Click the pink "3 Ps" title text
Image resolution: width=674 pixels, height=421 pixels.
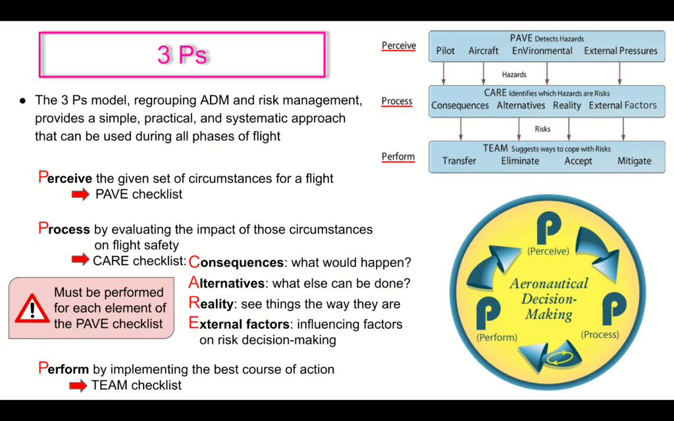pyautogui.click(x=182, y=55)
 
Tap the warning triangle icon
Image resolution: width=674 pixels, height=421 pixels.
pyautogui.click(x=32, y=309)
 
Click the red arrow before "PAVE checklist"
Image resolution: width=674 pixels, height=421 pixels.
pyautogui.click(x=80, y=194)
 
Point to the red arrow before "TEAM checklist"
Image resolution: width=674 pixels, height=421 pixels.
pyautogui.click(x=78, y=385)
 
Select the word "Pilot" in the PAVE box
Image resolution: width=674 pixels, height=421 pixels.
pyautogui.click(x=446, y=51)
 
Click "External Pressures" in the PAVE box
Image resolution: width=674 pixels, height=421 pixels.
pyautogui.click(x=620, y=51)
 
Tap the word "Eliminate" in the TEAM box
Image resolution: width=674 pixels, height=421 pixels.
pyautogui.click(x=520, y=161)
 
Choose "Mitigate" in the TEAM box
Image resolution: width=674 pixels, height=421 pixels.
pyautogui.click(x=634, y=161)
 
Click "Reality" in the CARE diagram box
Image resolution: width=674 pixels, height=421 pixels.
pyautogui.click(x=567, y=106)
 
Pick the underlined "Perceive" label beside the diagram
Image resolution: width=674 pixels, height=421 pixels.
pyautogui.click(x=398, y=45)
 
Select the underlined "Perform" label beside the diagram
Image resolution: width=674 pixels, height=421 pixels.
pyautogui.click(x=398, y=157)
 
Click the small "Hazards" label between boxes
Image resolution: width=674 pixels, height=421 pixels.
pyautogui.click(x=514, y=75)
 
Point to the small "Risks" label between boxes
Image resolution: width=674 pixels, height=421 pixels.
pyautogui.click(x=542, y=129)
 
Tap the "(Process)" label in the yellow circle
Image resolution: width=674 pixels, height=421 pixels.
pyautogui.click(x=600, y=335)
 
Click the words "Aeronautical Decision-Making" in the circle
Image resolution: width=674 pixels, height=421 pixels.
pyautogui.click(x=548, y=299)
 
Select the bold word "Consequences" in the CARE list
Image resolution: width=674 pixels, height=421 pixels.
pyautogui.click(x=236, y=262)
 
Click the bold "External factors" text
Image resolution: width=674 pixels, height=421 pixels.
pyautogui.click(x=239, y=324)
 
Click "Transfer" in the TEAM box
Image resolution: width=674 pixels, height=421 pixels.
pyautogui.click(x=459, y=161)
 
